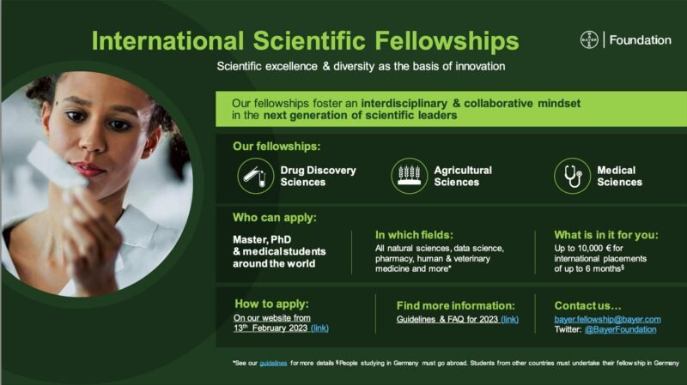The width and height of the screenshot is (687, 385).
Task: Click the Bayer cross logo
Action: click(x=590, y=39)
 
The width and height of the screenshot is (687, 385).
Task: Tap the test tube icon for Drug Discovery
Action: click(x=255, y=176)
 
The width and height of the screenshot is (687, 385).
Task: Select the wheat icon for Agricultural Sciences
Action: click(x=410, y=176)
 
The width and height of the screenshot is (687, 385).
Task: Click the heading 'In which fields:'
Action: click(x=416, y=233)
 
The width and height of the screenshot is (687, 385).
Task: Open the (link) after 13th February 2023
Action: click(x=319, y=328)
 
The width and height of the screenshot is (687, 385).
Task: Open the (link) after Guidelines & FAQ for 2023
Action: click(x=509, y=319)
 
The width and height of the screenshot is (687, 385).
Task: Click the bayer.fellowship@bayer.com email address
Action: click(x=607, y=319)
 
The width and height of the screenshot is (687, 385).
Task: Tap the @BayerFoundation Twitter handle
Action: click(x=620, y=329)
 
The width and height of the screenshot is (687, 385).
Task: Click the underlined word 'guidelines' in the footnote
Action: click(x=273, y=364)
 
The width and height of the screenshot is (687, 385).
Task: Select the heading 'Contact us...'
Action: click(x=587, y=305)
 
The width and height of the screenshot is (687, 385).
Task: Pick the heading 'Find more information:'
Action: click(x=455, y=305)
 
